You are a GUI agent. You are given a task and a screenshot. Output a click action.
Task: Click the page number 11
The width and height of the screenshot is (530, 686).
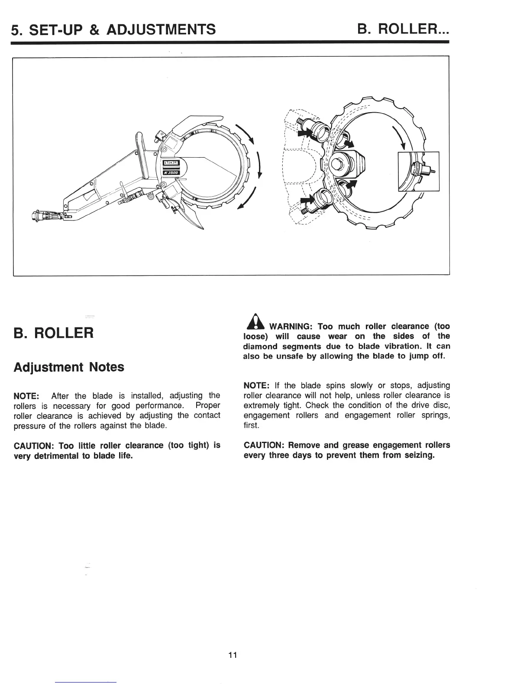233,655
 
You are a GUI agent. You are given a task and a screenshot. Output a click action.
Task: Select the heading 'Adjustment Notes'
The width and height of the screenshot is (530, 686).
69,367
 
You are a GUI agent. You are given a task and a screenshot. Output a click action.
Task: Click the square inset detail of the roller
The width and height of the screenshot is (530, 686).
419,171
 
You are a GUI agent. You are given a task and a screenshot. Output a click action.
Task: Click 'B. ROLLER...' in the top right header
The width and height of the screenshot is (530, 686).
403,29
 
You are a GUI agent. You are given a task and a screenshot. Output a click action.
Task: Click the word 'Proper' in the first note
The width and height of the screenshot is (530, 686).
208,405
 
